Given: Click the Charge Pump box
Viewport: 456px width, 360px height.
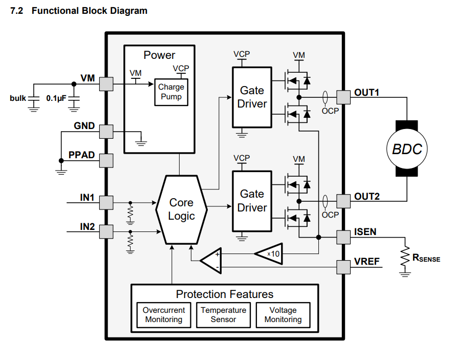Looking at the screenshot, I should coord(171,92).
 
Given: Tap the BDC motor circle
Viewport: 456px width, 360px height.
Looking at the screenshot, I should coord(407,149).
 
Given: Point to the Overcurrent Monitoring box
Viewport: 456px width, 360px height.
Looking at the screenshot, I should coord(163,315).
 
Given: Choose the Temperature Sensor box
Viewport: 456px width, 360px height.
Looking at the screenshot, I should coord(223,315).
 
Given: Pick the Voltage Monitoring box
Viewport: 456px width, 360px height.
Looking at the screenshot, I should coord(283,315).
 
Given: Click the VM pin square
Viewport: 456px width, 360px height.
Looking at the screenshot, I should coord(106,83).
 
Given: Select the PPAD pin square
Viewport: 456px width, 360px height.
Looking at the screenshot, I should coord(106,160).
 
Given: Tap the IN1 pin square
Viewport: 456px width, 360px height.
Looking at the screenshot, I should coord(106,202).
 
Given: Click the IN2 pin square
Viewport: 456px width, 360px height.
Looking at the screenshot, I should coord(106,231).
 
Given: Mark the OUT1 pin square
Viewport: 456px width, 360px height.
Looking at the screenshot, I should coord(343,97).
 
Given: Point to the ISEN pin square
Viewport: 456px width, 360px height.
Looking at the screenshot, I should coord(343,237).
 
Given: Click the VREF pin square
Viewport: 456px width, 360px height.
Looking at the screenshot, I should coord(343,266).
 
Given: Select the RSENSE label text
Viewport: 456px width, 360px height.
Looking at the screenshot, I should coord(426,258).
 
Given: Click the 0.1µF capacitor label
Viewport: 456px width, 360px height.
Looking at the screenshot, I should coord(56,98).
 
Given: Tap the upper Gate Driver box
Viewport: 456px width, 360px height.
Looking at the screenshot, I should coord(252,97).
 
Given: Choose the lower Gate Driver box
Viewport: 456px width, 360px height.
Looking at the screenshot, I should coord(252,201).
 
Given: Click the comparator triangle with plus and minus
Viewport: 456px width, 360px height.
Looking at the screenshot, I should coord(210,261).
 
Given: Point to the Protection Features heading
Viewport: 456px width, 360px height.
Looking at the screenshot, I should coord(225,294).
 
